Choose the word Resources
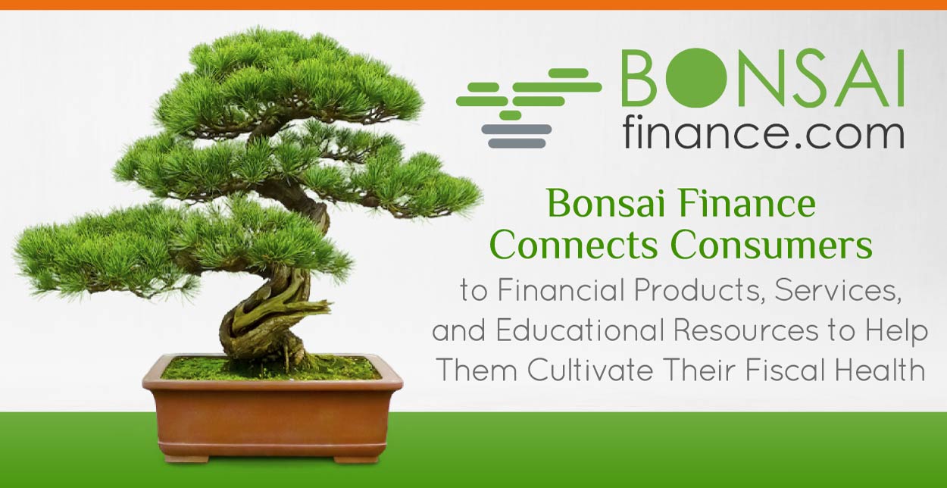746,330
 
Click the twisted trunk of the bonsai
270,313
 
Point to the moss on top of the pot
270,368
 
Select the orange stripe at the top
474,5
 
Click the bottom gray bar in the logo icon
517,143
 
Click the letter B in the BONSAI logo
639,78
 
